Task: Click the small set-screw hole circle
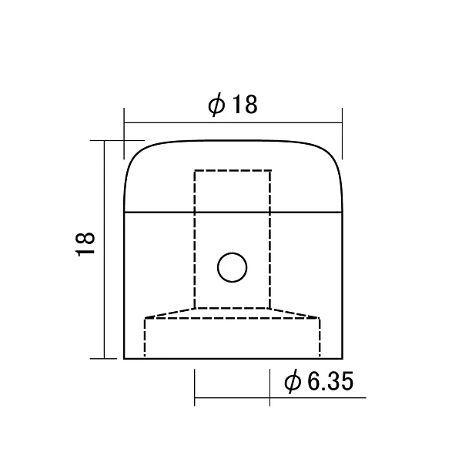233,267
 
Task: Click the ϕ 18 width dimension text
233,105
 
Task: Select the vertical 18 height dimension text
85,244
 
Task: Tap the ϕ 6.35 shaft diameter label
319,382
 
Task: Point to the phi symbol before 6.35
293,382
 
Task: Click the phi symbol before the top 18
216,105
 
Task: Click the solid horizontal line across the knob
233,212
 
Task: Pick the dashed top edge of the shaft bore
233,170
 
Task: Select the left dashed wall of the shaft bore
195,239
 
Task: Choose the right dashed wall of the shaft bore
270,239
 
